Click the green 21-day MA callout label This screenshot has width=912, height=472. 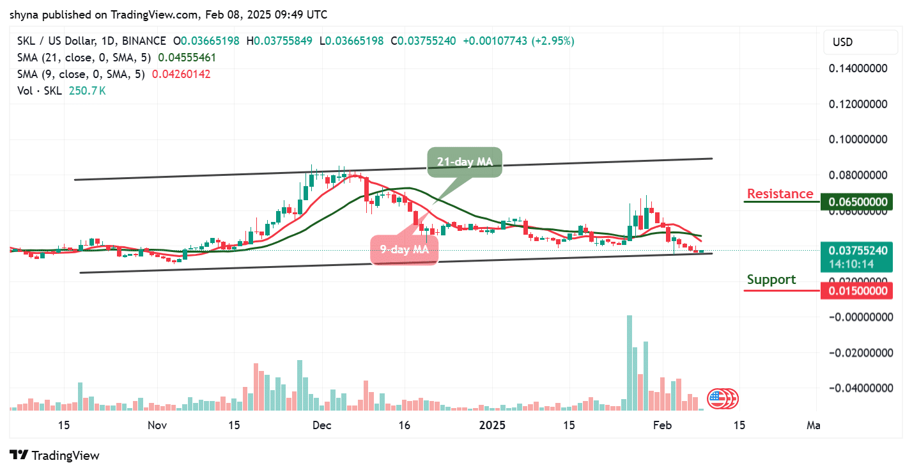[465, 162]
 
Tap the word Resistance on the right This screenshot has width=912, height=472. [780, 194]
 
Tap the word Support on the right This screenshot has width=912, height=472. [771, 279]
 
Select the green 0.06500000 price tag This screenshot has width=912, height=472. [857, 202]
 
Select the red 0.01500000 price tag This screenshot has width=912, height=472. [857, 291]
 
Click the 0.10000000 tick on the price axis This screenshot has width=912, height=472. [857, 139]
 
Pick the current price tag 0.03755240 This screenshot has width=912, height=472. [857, 251]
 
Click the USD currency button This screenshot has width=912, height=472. [842, 42]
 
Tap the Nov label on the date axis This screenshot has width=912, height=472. [157, 425]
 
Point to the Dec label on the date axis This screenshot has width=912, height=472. [321, 425]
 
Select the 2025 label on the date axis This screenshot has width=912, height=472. [493, 425]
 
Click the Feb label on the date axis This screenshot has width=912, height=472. [661, 425]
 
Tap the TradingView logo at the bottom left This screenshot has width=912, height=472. [56, 455]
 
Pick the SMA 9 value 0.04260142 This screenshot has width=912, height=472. [181, 74]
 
